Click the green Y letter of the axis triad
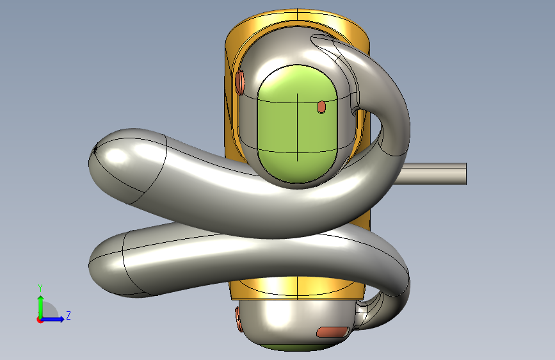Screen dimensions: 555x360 click(x=40, y=288)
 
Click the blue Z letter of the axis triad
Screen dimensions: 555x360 click(x=68, y=315)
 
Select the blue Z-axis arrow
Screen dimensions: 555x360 click(x=52, y=319)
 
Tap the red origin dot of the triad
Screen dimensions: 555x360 click(x=40, y=320)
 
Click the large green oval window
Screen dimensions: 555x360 click(x=297, y=124)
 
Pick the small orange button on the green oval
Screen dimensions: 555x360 click(x=321, y=107)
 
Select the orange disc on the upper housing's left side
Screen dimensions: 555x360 click(x=239, y=82)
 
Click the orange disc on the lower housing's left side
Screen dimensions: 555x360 click(x=239, y=320)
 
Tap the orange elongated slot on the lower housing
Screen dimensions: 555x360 click(x=332, y=332)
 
